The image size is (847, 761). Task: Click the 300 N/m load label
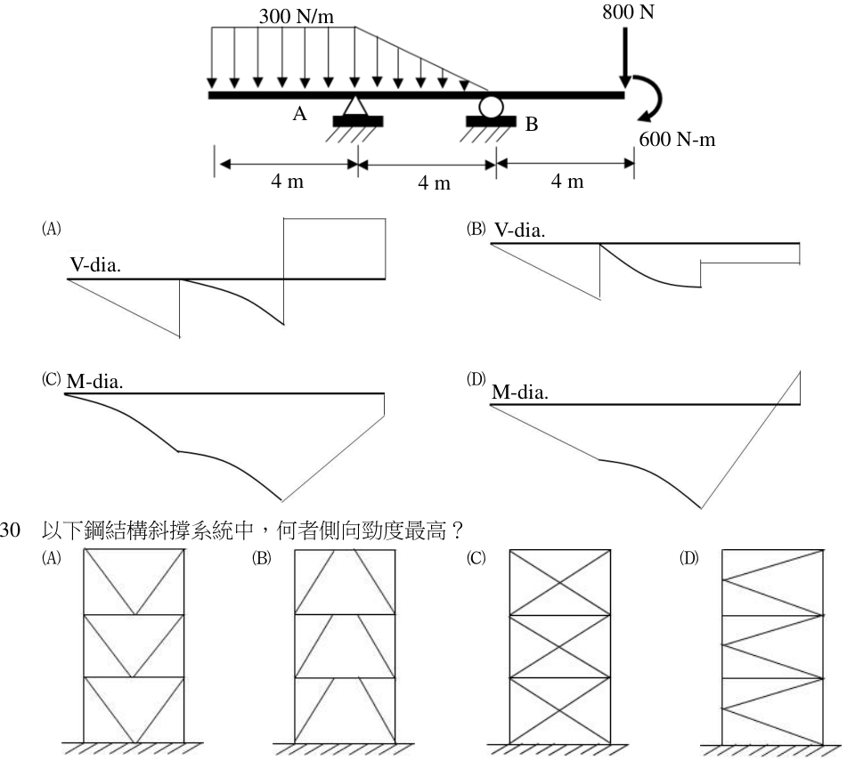pos(296,16)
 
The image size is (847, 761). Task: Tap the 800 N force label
pos(628,12)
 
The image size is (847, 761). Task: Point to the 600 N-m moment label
pos(677,139)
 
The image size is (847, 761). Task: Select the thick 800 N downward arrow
pos(625,57)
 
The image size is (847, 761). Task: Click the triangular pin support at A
pos(354,105)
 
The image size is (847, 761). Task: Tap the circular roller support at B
pos(492,106)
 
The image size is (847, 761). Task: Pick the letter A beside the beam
pos(300,114)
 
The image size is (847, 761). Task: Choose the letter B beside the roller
pos(532,124)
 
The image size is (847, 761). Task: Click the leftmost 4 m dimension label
pos(288,182)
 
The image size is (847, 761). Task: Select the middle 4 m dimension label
pos(434,183)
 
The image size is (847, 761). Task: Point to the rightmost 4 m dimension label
pos(567,182)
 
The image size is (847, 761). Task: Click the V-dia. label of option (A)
pos(95,265)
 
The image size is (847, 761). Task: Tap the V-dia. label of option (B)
pos(519,231)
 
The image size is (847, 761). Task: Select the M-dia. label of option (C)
pos(95,382)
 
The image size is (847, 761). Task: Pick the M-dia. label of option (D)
pos(519,393)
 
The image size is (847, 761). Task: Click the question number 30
pos(10,530)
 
